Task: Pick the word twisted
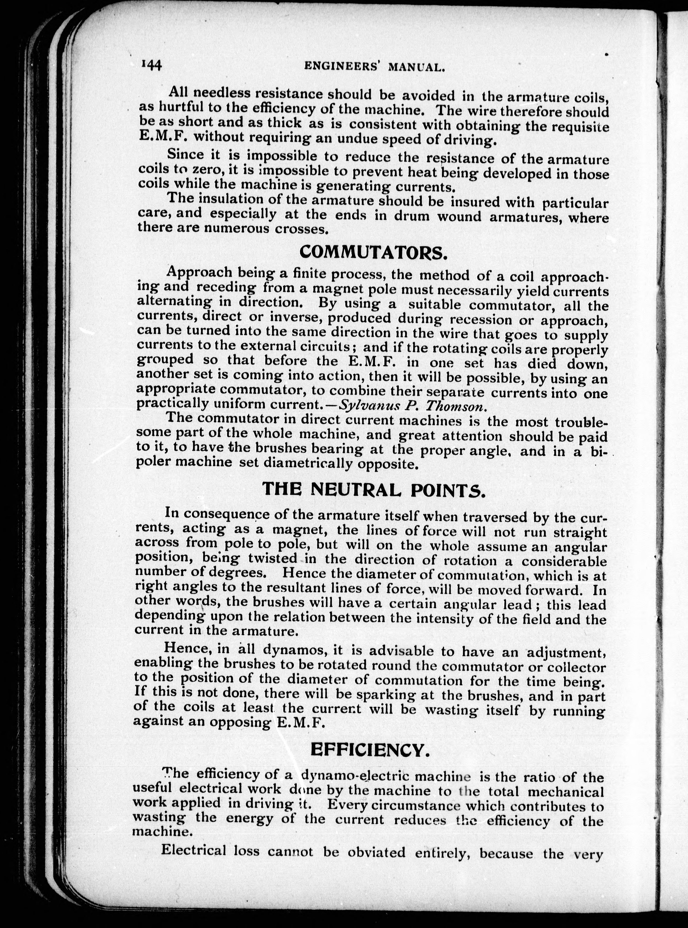click(x=273, y=558)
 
